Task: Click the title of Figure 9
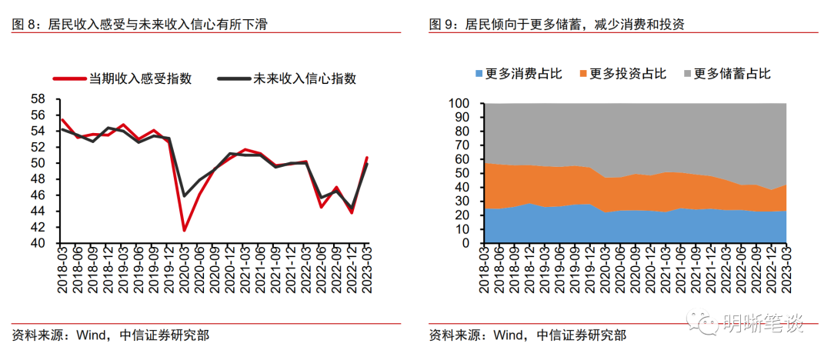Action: (x=556, y=25)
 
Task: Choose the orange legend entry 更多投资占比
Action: (x=628, y=74)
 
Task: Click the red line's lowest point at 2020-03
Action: (x=184, y=230)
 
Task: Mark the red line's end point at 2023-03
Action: (x=367, y=158)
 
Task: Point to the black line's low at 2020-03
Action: (x=184, y=195)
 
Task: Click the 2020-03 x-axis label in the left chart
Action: (x=185, y=272)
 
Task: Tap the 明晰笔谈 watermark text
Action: (x=762, y=324)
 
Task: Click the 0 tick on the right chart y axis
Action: (x=465, y=243)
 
